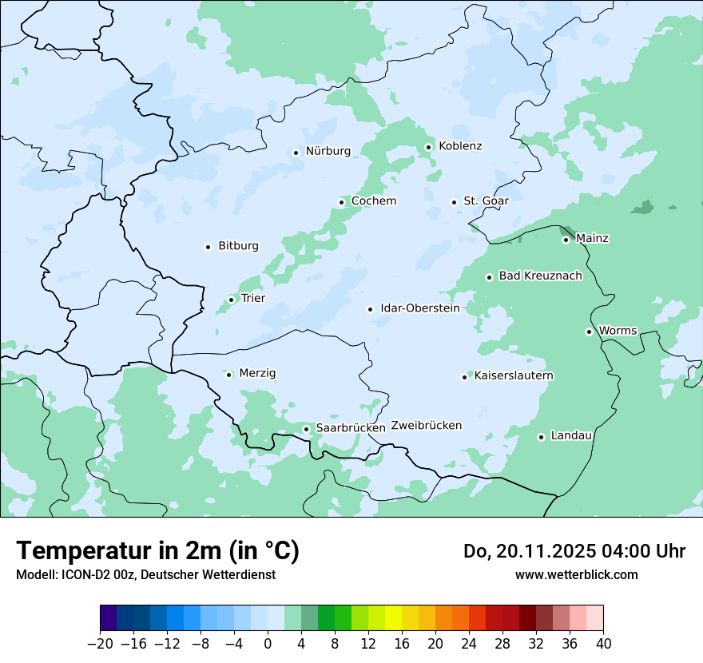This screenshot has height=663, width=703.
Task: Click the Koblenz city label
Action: click(460, 146)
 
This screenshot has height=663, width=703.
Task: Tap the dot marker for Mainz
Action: click(566, 240)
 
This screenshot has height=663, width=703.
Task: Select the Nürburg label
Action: click(328, 151)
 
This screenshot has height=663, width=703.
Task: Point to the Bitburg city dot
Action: click(208, 247)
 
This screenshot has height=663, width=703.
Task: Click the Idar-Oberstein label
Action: click(420, 308)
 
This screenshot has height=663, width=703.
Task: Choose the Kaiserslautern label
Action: click(514, 376)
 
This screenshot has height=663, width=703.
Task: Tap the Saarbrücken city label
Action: click(351, 428)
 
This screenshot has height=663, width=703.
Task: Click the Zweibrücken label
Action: click(426, 426)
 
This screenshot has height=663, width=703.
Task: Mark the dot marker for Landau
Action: click(541, 437)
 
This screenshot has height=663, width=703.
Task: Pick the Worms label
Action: click(618, 331)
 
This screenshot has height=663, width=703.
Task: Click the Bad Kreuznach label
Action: click(540, 276)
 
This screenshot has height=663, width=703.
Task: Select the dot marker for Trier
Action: click(231, 300)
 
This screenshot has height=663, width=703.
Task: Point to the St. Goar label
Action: click(486, 201)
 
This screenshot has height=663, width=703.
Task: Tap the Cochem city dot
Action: click(341, 202)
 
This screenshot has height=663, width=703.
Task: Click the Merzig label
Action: click(257, 374)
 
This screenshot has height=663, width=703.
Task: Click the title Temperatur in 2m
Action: click(158, 551)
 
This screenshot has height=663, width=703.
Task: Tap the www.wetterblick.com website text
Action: click(576, 575)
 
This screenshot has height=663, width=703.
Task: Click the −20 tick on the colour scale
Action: click(100, 644)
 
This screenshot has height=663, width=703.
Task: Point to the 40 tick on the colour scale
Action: click(603, 644)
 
